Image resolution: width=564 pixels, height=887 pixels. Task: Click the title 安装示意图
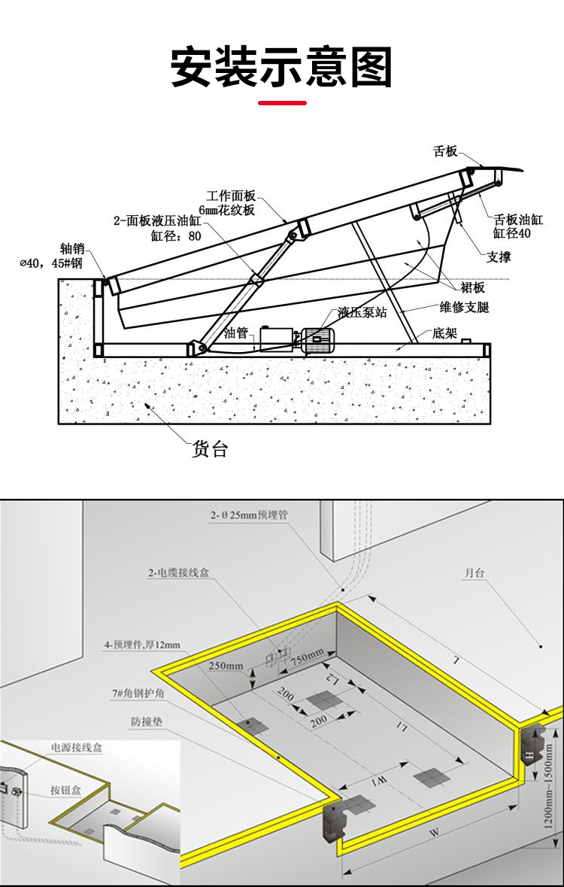click(282, 67)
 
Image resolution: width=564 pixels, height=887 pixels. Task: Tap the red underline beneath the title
click(282, 102)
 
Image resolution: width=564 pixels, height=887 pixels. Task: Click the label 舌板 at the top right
click(445, 151)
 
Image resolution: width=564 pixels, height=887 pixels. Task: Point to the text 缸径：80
click(176, 235)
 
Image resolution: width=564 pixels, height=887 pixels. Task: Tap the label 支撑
click(499, 257)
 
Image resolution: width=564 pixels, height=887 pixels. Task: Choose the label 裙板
click(474, 287)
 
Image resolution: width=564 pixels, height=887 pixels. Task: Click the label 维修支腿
click(464, 308)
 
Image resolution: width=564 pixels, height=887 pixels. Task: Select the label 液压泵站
click(362, 312)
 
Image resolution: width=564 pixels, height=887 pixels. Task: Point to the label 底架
click(444, 333)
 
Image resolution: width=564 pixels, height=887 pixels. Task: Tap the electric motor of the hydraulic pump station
click(318, 339)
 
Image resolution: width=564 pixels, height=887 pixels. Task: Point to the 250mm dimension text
click(226, 666)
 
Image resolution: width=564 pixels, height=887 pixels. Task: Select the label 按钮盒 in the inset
click(66, 790)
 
